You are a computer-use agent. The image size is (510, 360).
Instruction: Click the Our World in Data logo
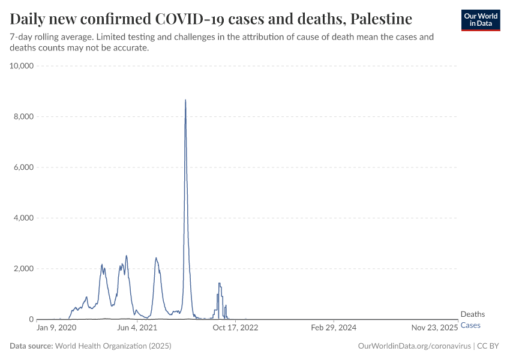(x=480, y=20)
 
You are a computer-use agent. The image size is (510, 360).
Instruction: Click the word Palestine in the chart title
(x=381, y=19)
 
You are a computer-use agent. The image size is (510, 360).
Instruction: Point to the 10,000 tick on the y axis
(x=22, y=65)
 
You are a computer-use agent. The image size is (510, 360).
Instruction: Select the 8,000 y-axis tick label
(x=24, y=116)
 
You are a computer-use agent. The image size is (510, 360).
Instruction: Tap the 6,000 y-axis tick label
(x=24, y=167)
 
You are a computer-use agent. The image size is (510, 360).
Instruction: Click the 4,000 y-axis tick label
(x=24, y=218)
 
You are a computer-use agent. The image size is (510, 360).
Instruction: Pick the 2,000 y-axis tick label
(x=24, y=269)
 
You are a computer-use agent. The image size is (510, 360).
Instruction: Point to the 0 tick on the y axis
(x=32, y=319)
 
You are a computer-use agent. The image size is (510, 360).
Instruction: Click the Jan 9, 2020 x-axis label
(x=56, y=328)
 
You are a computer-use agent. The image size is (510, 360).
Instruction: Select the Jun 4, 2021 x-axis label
(x=137, y=328)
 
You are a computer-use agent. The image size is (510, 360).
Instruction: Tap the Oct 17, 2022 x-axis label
(x=235, y=328)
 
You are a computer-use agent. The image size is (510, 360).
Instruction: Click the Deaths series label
(x=472, y=314)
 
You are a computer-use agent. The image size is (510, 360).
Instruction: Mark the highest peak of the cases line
(x=185, y=100)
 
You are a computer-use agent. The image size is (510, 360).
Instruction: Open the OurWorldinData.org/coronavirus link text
(x=414, y=346)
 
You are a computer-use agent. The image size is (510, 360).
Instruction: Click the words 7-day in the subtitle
(x=20, y=37)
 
